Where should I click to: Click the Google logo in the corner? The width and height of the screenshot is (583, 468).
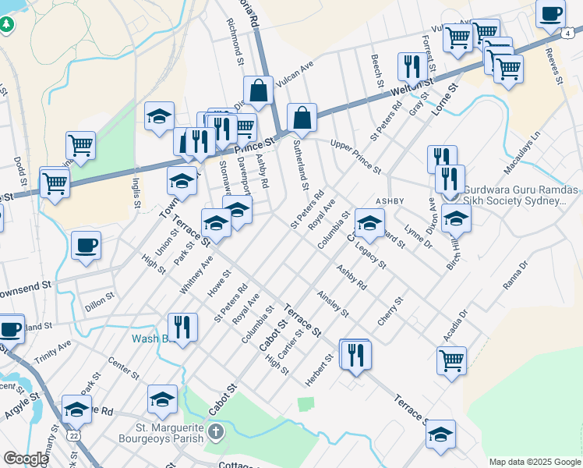(26, 459)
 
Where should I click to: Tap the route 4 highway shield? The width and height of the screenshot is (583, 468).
(569, 33)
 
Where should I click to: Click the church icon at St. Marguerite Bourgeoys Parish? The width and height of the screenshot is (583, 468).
(216, 431)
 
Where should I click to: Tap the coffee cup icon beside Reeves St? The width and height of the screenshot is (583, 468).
(551, 13)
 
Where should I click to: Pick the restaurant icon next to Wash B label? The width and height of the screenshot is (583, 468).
(182, 326)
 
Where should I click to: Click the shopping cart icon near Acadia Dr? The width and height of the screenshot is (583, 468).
(451, 360)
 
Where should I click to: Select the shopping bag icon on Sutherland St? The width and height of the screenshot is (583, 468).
(302, 118)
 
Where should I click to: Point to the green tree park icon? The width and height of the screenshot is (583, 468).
(7, 23)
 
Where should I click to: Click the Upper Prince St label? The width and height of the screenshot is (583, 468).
(355, 157)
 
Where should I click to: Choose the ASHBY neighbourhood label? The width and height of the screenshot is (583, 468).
(390, 201)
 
